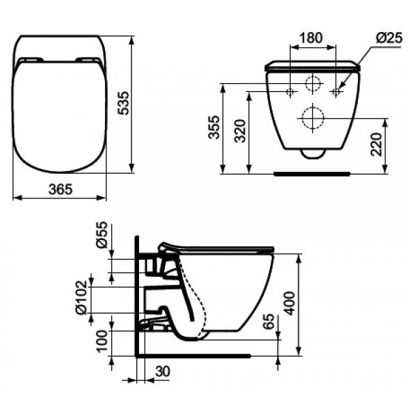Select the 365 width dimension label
(61, 190)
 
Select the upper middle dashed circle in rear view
(314, 86)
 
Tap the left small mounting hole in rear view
(291, 91)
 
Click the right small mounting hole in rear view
(335, 91)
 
